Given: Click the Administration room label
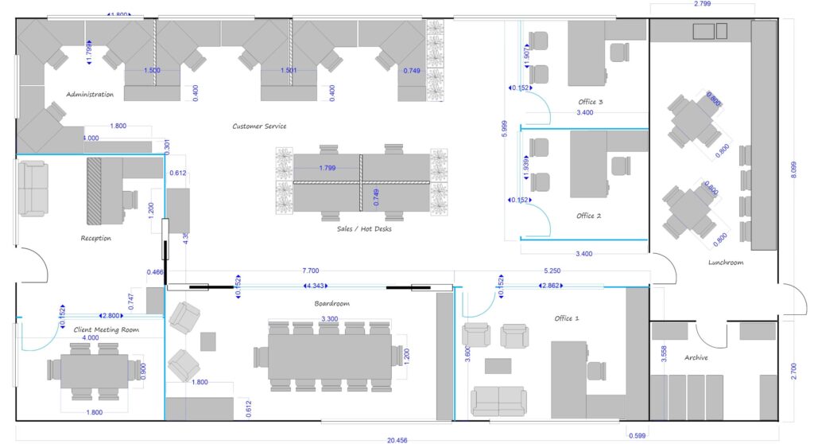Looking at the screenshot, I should [x=90, y=95].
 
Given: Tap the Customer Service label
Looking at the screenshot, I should [x=259, y=126].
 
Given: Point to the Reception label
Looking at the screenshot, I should [x=96, y=238].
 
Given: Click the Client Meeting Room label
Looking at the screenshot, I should [x=107, y=329].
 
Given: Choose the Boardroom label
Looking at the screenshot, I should [x=331, y=303].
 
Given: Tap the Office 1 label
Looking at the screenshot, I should [x=567, y=318].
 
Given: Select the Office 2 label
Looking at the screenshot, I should [x=589, y=216].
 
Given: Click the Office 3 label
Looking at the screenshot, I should [x=591, y=102].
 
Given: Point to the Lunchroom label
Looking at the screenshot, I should [x=726, y=263].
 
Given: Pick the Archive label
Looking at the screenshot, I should [x=696, y=357].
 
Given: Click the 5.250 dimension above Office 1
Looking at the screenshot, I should [x=553, y=271].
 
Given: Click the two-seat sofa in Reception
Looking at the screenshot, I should [x=33, y=188].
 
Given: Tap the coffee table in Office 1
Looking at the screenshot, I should [x=498, y=366].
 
